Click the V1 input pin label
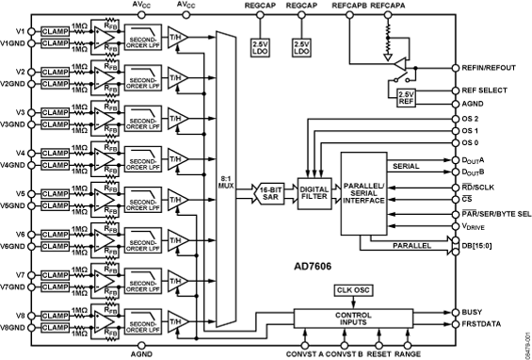15,31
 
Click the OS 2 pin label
472,119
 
